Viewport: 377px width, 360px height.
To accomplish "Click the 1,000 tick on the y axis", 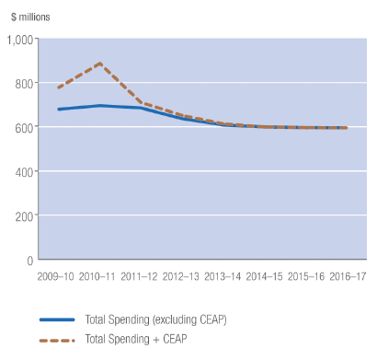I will click(x=19, y=40).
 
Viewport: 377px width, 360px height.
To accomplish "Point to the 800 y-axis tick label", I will click(x=23, y=84).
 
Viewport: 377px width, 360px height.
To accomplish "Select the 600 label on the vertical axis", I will click(x=23, y=128).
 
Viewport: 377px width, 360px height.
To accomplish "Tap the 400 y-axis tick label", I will click(x=23, y=172).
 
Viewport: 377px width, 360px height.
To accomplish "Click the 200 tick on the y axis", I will click(x=23, y=216).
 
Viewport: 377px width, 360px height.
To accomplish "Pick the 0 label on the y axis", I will click(x=29, y=261).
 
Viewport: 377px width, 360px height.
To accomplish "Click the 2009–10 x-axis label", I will click(x=57, y=275).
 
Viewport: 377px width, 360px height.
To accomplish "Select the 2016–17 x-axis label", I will click(x=350, y=275).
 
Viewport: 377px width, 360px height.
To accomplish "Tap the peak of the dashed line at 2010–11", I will click(x=99, y=64).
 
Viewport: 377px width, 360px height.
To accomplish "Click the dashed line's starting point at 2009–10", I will click(x=57, y=88).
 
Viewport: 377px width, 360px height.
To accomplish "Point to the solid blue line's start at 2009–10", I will click(x=57, y=110).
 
